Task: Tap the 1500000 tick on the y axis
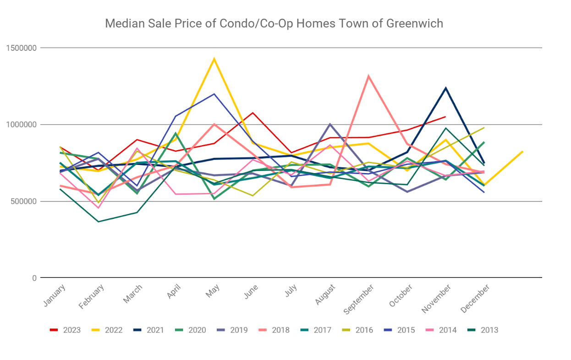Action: coord(22,48)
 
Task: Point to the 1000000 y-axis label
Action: coord(22,125)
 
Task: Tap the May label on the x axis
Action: coord(211,290)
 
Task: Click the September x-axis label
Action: coord(359,299)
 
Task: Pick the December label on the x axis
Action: coord(475,298)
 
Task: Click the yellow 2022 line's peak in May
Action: coord(214,59)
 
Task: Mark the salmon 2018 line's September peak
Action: coord(368,76)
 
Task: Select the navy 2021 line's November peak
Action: coord(445,88)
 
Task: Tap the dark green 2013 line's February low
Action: coord(98,222)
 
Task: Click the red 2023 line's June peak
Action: coord(252,113)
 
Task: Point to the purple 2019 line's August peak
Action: coord(329,124)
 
